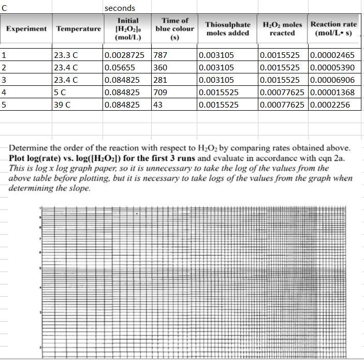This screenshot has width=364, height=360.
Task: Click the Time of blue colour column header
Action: [175, 28]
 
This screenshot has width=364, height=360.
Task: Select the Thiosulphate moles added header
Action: [228, 29]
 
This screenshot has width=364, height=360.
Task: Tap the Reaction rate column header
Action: [333, 28]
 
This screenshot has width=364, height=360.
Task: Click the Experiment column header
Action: [26, 29]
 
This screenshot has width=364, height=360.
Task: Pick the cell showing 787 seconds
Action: [161, 55]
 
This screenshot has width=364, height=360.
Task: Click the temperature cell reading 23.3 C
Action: [66, 55]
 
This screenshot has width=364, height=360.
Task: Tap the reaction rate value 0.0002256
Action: [329, 104]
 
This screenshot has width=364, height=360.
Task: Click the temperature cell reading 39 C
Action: [62, 104]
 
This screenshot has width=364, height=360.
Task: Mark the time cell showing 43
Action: [158, 104]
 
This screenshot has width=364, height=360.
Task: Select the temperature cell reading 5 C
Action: [60, 92]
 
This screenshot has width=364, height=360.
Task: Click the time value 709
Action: [161, 92]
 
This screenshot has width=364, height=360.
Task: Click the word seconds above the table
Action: [120, 8]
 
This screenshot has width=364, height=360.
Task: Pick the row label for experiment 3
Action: [4, 80]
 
